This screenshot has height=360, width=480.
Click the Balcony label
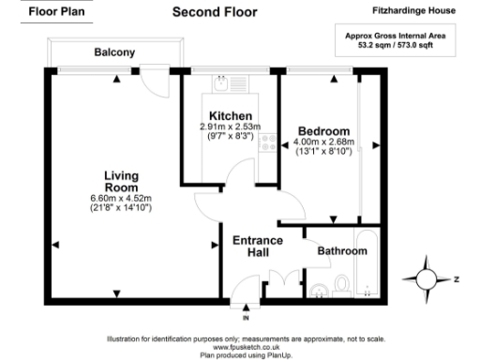[x=114, y=52]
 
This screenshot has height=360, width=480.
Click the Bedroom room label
[x=323, y=131]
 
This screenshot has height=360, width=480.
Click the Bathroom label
[x=340, y=251]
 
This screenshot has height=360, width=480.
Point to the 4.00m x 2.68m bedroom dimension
[x=324, y=142]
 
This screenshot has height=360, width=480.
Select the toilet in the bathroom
[x=341, y=283]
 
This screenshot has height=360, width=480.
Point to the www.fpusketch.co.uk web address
[x=240, y=345]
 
